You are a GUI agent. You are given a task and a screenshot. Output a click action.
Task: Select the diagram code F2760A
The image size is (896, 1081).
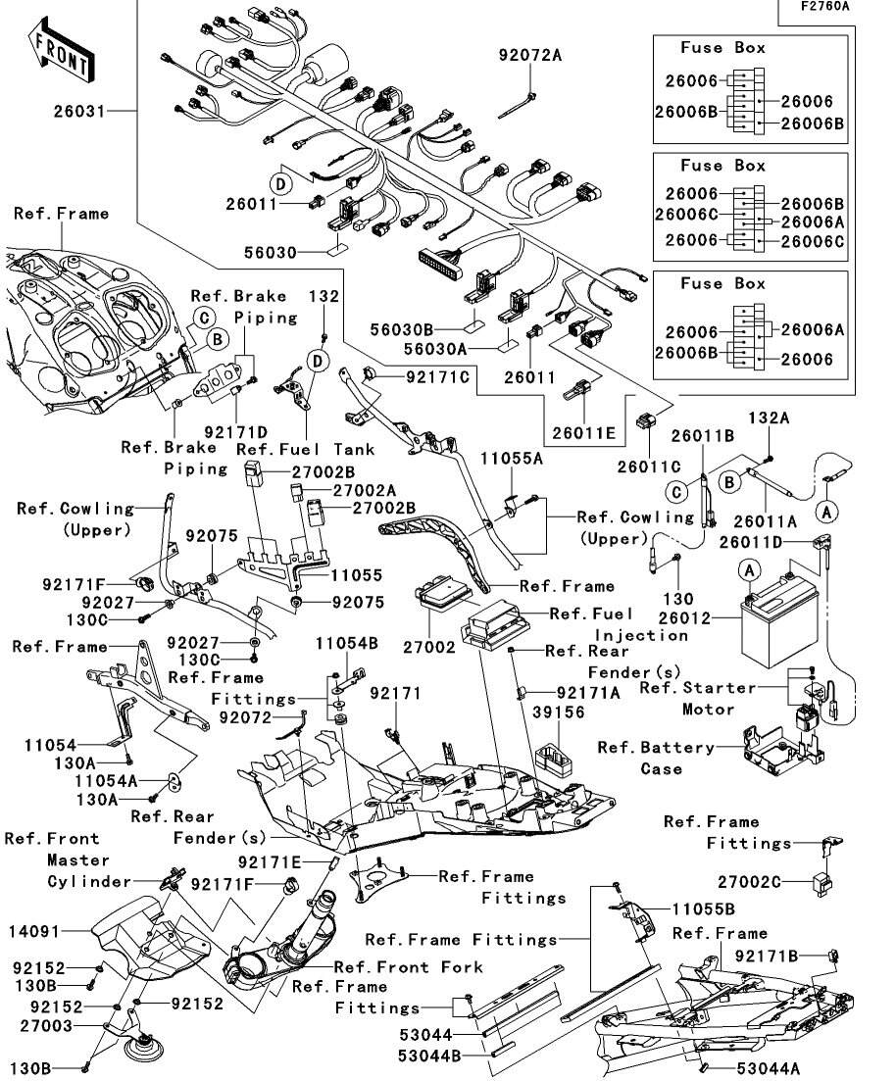[824, 7]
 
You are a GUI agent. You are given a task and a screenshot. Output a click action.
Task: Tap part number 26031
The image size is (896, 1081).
[80, 111]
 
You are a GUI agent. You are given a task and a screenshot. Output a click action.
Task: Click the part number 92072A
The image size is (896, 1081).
[530, 55]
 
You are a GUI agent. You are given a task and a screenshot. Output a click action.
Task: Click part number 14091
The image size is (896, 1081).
[33, 932]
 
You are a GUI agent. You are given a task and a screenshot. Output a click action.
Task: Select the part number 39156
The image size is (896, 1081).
[559, 712]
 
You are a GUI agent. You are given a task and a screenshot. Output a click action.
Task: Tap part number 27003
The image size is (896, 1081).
[46, 1026]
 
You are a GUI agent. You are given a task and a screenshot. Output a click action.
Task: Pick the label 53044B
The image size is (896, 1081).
[429, 1056]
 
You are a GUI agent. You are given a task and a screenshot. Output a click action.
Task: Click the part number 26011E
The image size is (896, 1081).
[583, 433]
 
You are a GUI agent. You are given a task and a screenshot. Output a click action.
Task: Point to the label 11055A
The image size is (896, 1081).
[512, 459]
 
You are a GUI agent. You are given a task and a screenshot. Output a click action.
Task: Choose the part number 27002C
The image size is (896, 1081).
[750, 882]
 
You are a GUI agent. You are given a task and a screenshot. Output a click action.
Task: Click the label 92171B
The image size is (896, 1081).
[767, 956]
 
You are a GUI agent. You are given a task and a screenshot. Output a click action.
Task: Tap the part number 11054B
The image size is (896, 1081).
[347, 643]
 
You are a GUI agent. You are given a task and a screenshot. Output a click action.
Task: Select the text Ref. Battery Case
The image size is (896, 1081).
[656, 758]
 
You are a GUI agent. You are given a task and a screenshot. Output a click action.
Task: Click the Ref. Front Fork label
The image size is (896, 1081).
[409, 967]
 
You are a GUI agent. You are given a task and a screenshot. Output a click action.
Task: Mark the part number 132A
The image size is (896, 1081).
[770, 418]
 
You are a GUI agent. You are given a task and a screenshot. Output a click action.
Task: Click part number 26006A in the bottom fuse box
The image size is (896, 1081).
[813, 329]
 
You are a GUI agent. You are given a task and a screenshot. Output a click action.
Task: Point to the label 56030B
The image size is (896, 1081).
[402, 329]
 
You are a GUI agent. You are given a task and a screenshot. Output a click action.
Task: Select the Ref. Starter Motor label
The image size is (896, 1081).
[697, 699]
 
